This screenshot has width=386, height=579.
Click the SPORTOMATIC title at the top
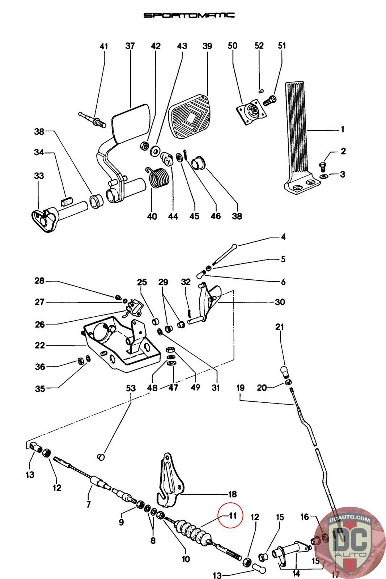189,15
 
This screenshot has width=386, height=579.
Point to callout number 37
130,46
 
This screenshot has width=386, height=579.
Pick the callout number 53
131,388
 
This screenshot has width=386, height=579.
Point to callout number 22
40,345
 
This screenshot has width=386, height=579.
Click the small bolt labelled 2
323,166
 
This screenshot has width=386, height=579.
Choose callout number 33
39,176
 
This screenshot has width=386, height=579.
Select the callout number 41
104,46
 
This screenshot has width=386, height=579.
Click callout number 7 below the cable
89,504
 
